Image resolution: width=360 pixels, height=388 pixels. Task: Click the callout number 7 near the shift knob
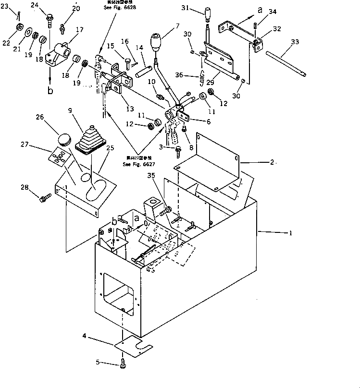[177, 25]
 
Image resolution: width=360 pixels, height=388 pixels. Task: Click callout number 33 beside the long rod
[295, 42]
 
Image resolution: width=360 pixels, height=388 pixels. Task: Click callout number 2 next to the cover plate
[272, 162]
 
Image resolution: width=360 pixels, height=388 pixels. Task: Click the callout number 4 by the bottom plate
[85, 337]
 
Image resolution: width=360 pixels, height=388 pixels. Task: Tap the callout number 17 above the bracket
[79, 30]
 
